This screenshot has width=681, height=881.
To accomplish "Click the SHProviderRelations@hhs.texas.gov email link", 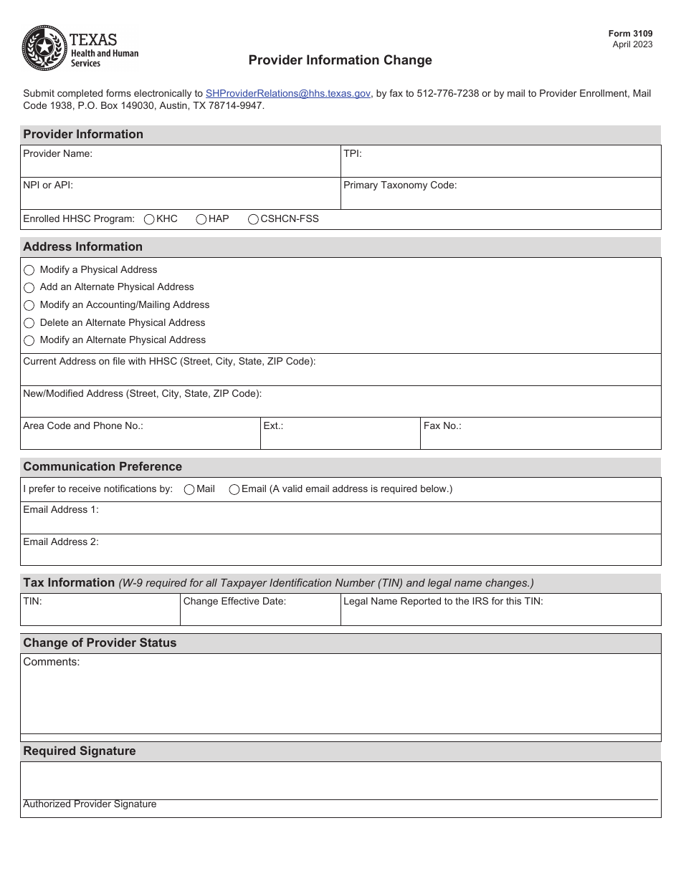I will point(287,93).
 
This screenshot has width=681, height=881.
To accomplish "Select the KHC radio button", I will point(149,219).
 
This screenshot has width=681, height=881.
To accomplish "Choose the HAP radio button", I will point(201,219).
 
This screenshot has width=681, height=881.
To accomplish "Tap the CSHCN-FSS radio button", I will point(253,219).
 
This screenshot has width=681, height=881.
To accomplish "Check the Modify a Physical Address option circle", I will point(29,270).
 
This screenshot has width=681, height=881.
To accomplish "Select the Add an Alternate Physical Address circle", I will point(29,287).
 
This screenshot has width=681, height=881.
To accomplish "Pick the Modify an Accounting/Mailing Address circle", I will point(29,305).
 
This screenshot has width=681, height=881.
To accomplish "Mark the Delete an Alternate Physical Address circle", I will point(29,323).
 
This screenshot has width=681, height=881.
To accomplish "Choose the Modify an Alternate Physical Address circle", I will point(29,340).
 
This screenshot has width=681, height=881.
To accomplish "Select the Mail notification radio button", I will point(189,489).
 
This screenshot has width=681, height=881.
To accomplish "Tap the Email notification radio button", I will point(234,489).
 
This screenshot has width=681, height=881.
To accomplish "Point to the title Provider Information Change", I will point(340,60).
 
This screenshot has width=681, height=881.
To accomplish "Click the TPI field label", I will point(353,153).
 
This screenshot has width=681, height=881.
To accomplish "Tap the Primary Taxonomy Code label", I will point(400,185).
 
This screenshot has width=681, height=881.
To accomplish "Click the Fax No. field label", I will point(442,425).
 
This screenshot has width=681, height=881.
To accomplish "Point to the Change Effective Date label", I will point(234,601).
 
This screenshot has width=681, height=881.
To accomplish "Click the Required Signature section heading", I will point(80,751).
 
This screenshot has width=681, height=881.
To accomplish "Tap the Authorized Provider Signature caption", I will point(90,804).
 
